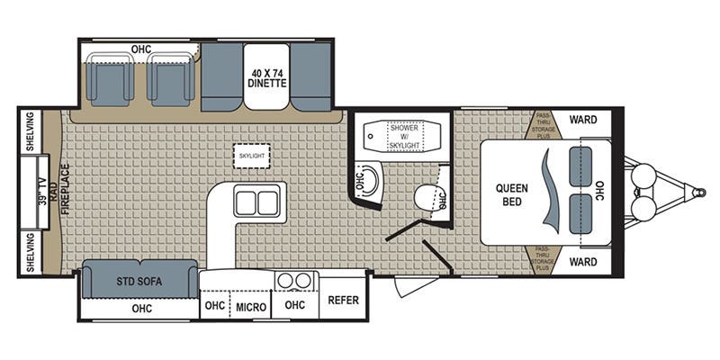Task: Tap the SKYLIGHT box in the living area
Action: [x=251, y=156]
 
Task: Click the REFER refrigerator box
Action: [x=344, y=301]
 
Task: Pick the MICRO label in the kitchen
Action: [x=251, y=307]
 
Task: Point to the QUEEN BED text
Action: [x=516, y=194]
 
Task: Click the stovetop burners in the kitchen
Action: [x=294, y=280]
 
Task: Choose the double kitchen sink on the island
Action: [x=256, y=202]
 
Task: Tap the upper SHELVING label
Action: [x=30, y=131]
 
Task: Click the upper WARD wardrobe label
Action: [x=583, y=120]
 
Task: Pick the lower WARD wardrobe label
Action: [x=583, y=263]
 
